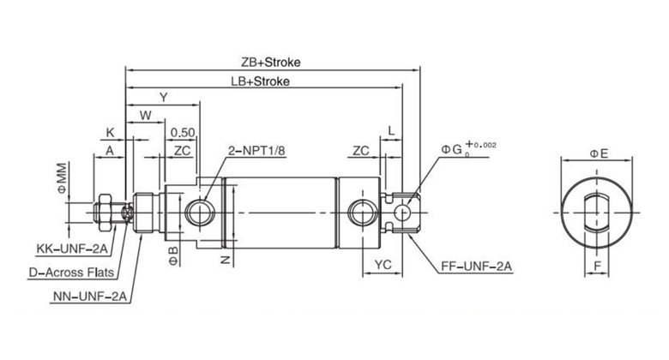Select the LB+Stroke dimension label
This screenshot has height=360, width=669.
260,81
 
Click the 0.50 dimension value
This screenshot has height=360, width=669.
181,132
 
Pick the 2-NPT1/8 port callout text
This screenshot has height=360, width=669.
257,151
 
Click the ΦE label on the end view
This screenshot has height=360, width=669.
598,153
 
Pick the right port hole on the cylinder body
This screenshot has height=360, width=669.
359,211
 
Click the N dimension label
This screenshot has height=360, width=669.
226,258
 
